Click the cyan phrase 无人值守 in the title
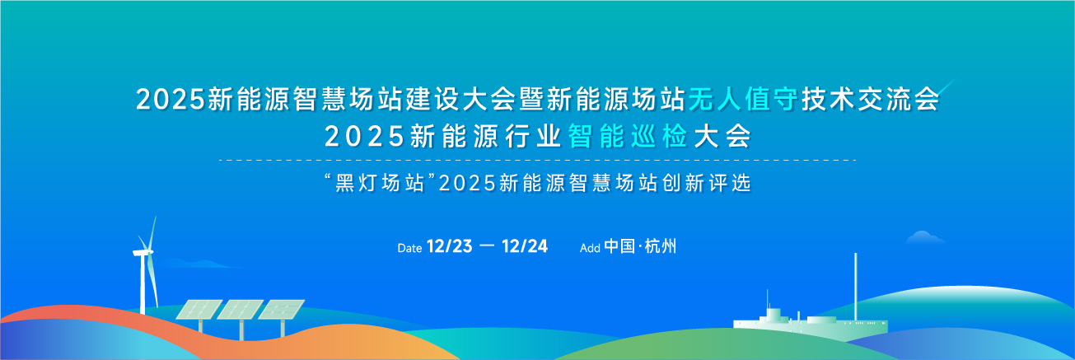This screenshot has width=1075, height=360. [743, 100]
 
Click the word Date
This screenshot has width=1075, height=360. [409, 248]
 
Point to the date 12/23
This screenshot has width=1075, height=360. [449, 246]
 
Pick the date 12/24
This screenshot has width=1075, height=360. [525, 246]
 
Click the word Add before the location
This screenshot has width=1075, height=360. [590, 248]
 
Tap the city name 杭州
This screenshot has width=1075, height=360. [661, 246]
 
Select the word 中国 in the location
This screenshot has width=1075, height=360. [619, 246]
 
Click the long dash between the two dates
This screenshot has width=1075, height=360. [487, 246]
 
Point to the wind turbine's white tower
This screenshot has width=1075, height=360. [143, 284]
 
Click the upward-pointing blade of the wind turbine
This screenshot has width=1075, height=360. [153, 233]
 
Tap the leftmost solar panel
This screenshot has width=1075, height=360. [199, 310]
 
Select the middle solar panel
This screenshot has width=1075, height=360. [241, 310]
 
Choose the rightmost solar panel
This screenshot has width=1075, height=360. [282, 310]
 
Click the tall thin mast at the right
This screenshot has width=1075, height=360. [855, 286]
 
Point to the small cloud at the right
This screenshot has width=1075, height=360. [925, 237]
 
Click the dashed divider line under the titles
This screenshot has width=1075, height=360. [537, 161]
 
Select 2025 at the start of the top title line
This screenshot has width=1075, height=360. [171, 100]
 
